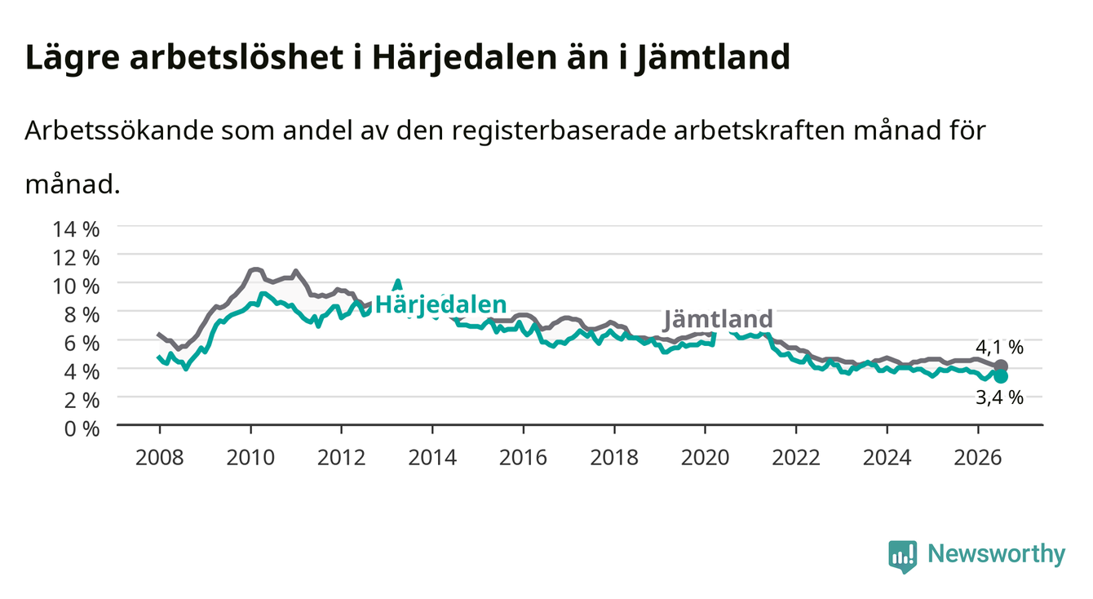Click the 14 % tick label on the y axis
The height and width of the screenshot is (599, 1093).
[76, 229]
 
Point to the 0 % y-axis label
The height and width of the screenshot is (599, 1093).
[82, 428]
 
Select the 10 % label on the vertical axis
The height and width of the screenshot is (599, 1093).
[76, 286]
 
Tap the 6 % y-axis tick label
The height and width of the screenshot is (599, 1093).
[82, 344]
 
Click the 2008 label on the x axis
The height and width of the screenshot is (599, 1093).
[160, 458]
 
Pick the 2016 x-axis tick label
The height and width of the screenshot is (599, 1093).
[523, 458]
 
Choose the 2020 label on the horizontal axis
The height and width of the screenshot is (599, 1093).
[705, 458]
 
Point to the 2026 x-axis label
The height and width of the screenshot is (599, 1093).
[978, 458]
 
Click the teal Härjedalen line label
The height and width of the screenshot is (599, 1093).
[441, 305]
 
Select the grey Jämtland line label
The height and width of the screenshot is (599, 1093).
[719, 319]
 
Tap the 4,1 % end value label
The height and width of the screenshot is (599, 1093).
[999, 347]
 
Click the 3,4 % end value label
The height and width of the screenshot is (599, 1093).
[999, 398]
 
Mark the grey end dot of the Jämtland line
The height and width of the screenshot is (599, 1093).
[1001, 366]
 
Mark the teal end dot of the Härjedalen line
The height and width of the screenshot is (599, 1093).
[1001, 376]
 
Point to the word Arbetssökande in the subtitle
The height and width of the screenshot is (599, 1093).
[119, 131]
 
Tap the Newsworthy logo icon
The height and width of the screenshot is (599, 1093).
[903, 557]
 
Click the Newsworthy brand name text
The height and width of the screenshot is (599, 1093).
[997, 554]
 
